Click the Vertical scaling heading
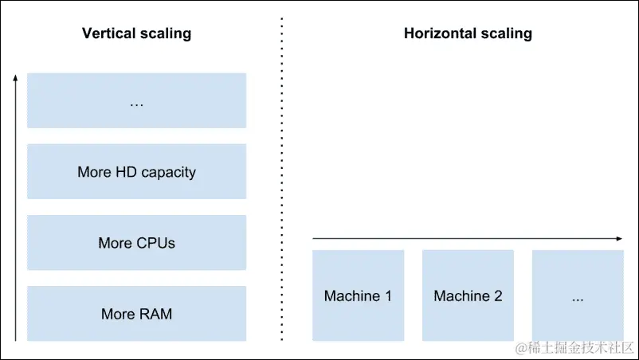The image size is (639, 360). [x=136, y=33]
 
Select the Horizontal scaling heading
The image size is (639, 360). [x=468, y=33]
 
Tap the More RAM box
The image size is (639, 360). [x=136, y=314]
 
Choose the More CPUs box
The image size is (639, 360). [x=136, y=243]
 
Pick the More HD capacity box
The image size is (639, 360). [x=136, y=172]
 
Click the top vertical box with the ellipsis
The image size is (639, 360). [x=136, y=101]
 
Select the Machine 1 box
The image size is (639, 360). [x=358, y=296]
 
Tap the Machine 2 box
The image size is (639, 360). [x=468, y=296]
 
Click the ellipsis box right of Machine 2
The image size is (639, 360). [x=578, y=296]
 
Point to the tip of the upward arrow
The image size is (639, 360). [x=15, y=75]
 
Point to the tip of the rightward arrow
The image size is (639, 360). [x=621, y=238]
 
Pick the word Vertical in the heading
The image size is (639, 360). [x=108, y=33]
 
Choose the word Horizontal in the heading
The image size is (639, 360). [x=440, y=33]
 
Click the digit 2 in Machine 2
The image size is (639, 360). [x=498, y=296]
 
